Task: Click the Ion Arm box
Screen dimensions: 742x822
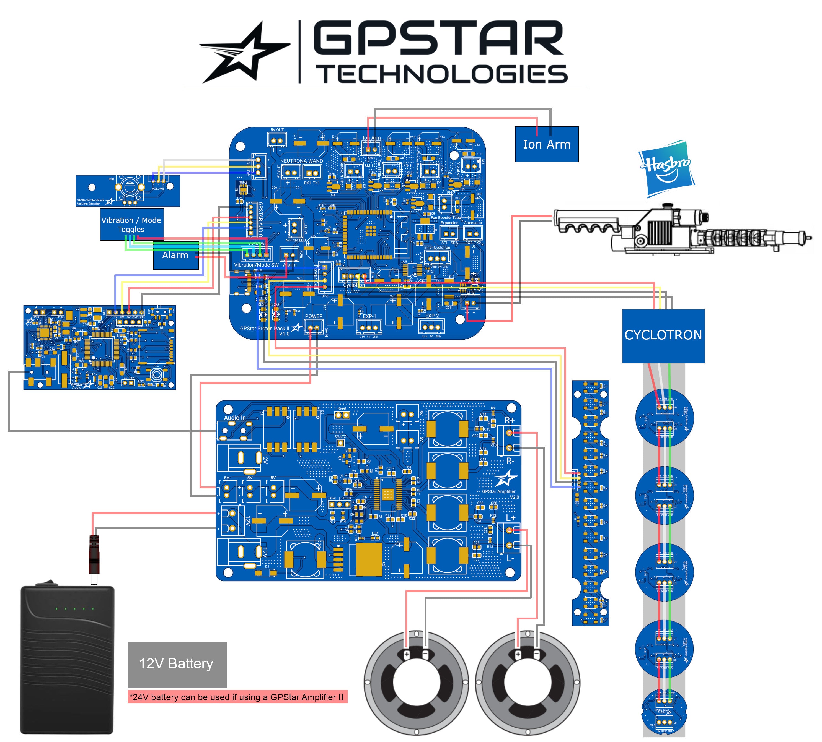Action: [546, 144]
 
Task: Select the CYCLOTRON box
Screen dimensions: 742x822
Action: [663, 335]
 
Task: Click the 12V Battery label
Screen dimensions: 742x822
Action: [177, 663]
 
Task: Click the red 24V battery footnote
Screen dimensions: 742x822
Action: [237, 697]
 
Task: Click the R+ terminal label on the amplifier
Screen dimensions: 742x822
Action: [510, 420]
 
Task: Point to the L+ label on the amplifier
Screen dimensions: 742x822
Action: [510, 518]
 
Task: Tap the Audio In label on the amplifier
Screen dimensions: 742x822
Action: [235, 418]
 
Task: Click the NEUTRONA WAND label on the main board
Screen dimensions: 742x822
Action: [301, 161]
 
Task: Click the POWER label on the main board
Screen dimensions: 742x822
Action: [314, 316]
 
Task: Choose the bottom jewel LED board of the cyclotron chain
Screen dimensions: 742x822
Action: [664, 711]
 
